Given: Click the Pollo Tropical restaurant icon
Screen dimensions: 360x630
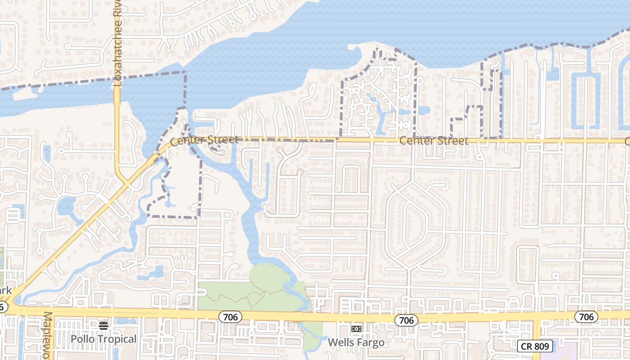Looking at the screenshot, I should click(x=103, y=325).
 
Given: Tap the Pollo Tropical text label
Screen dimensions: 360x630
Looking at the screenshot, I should click(x=103, y=339).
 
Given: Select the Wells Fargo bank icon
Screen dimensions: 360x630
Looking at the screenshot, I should click(x=356, y=329).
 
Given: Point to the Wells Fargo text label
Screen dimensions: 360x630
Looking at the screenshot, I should click(x=356, y=342).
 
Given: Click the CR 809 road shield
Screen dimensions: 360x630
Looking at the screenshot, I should click(x=535, y=346).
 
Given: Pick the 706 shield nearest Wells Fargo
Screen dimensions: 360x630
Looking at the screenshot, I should click(x=406, y=320).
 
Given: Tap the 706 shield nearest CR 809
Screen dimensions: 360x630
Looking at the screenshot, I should click(x=586, y=317).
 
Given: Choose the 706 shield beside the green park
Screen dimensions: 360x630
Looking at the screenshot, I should click(x=230, y=317).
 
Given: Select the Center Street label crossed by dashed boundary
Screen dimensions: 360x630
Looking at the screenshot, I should click(x=204, y=140).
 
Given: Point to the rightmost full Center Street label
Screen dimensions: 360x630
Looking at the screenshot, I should click(x=434, y=141).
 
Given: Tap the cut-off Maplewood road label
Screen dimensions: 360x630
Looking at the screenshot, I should click(x=48, y=335).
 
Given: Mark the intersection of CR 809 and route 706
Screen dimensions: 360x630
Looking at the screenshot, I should click(x=536, y=316).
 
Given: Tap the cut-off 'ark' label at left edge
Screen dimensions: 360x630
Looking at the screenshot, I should click(x=5, y=290).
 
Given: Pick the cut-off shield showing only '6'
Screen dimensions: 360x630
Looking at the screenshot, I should click(x=3, y=307).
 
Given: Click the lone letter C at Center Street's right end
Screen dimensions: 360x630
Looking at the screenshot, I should click(x=627, y=141).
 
